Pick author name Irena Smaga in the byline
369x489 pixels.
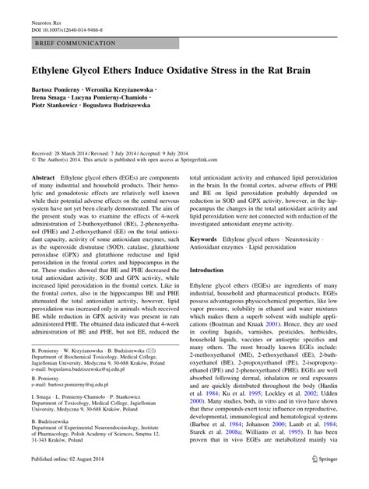pyautogui.click(x=53, y=101)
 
